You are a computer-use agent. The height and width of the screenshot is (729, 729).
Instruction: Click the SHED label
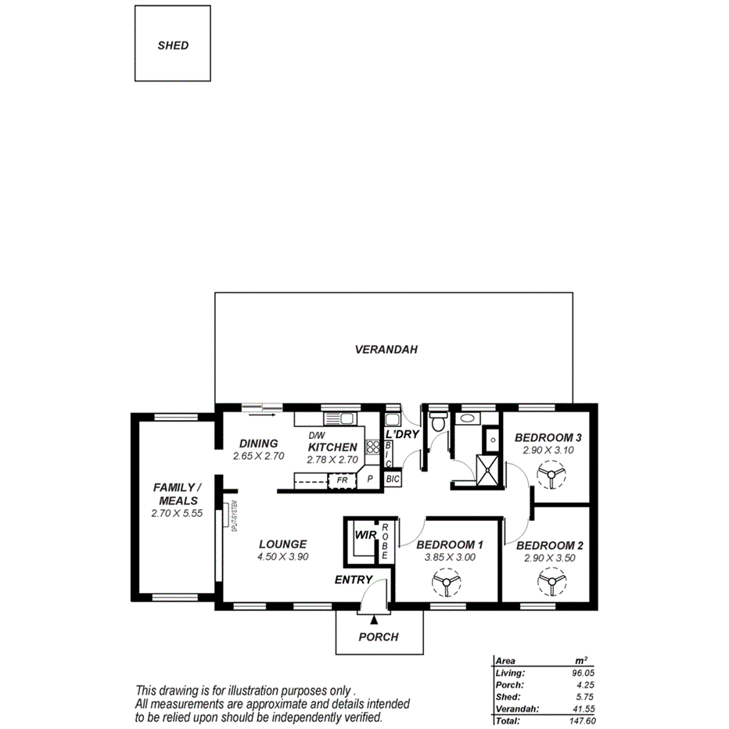tap(173, 45)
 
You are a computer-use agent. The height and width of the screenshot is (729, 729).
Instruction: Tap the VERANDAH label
tap(386, 350)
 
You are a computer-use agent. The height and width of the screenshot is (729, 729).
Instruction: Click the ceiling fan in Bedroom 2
tap(550, 582)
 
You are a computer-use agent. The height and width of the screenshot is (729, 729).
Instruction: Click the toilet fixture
tap(439, 421)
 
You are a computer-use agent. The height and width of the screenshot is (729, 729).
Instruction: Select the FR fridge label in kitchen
tap(343, 479)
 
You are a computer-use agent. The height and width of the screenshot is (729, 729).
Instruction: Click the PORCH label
tap(379, 637)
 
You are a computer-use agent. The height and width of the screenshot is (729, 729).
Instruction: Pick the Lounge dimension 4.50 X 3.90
tap(282, 557)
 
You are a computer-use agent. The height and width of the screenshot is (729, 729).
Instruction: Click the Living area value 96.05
tap(584, 673)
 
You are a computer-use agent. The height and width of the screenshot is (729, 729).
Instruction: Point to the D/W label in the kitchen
tap(317, 436)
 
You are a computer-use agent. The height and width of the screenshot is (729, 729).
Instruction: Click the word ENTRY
tap(353, 580)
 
